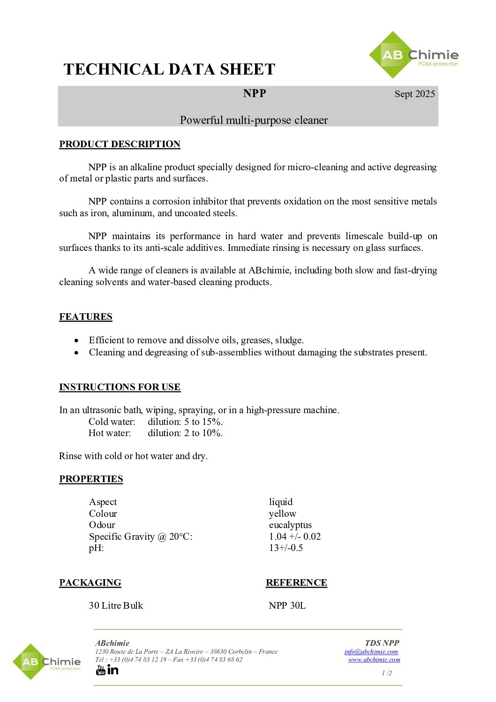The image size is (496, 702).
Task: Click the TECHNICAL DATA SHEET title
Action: tap(169, 69)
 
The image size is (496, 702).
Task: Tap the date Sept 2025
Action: tap(414, 94)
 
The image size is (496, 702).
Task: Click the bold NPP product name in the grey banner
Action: tap(255, 93)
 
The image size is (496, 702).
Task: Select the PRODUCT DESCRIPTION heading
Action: tap(120, 144)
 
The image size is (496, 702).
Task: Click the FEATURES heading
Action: tap(86, 317)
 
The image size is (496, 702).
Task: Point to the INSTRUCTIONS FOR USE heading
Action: tap(120, 387)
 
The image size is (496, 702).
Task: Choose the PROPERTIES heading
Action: tap(91, 479)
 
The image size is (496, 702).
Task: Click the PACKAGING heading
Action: tap(90, 582)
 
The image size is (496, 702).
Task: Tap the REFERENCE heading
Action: tap(296, 582)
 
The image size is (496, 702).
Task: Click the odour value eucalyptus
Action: tap(290, 525)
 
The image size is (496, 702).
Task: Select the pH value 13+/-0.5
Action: tap(286, 548)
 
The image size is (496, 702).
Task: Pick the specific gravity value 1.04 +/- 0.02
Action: tap(295, 536)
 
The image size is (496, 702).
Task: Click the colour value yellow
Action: tap(283, 513)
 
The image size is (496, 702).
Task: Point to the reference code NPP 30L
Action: tap(287, 605)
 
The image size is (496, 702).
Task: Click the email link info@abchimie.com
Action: tap(371, 651)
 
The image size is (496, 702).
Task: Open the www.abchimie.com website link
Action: tap(374, 659)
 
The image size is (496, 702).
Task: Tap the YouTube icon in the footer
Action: tap(101, 670)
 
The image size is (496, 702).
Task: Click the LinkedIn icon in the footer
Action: tap(113, 670)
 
